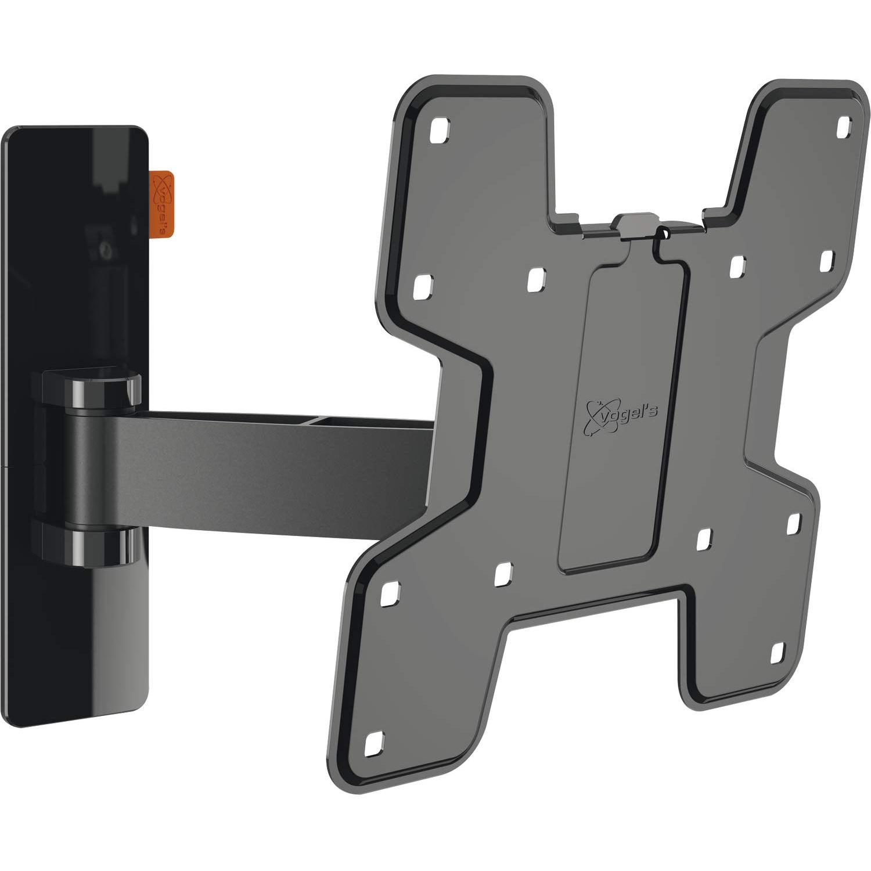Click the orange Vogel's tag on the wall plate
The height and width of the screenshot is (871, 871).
(x=161, y=204)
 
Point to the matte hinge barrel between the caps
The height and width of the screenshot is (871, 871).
(x=93, y=467)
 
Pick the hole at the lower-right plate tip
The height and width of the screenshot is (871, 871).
(x=778, y=653)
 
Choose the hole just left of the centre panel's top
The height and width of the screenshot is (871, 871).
(x=536, y=279)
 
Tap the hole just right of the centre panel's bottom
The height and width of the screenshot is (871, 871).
(x=704, y=539)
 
